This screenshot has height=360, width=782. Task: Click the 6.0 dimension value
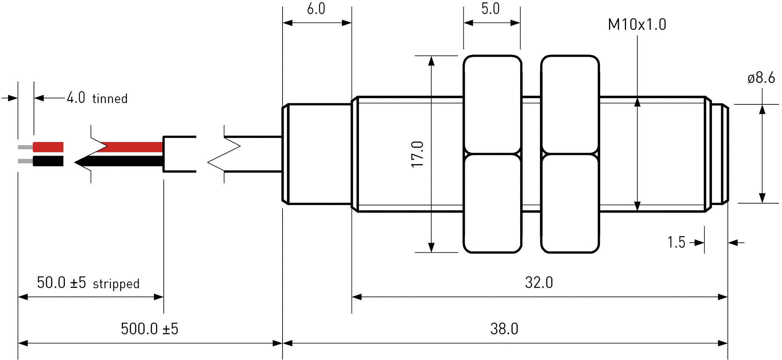pyautogui.click(x=316, y=8)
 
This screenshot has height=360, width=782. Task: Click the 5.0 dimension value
pyautogui.click(x=490, y=8)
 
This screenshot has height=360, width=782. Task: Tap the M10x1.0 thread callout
pyautogui.click(x=637, y=25)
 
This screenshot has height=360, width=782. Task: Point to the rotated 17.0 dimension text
pyautogui.click(x=418, y=154)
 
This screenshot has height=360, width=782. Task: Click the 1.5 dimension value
pyautogui.click(x=676, y=242)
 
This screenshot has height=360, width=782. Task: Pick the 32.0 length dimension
pyautogui.click(x=539, y=283)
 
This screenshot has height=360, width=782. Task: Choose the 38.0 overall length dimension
pyautogui.click(x=504, y=328)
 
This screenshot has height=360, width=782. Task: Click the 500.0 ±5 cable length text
pyautogui.click(x=149, y=329)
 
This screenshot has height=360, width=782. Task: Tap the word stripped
pyautogui.click(x=116, y=284)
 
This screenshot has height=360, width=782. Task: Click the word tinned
pyautogui.click(x=110, y=99)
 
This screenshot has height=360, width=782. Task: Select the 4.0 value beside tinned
pyautogui.click(x=76, y=98)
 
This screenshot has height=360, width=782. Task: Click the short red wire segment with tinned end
pyautogui.click(x=48, y=147)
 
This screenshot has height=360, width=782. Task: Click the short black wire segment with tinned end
pyautogui.click(x=48, y=161)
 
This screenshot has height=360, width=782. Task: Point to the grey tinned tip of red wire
pyautogui.click(x=25, y=147)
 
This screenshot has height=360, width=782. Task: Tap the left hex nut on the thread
pyautogui.click(x=492, y=154)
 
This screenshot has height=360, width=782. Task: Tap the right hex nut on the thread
pyautogui.click(x=570, y=154)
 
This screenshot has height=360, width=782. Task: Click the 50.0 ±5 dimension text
pyautogui.click(x=61, y=283)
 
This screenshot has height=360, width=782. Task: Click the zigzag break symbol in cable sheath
pyautogui.click(x=224, y=154)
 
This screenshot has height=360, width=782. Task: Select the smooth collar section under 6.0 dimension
pyautogui.click(x=318, y=154)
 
